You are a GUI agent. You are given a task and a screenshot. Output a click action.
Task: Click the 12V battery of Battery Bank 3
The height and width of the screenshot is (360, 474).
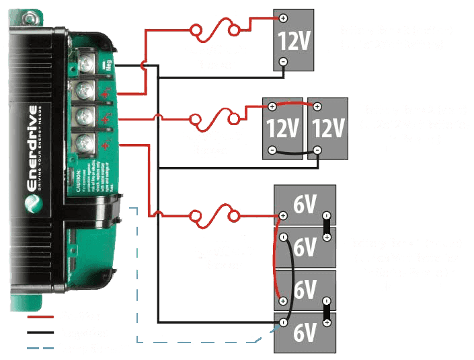(294, 40)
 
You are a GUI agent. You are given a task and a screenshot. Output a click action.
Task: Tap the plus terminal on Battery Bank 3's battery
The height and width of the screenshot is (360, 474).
(283, 18)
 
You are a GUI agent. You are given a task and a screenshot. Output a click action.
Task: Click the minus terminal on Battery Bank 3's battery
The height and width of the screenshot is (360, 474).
(283, 62)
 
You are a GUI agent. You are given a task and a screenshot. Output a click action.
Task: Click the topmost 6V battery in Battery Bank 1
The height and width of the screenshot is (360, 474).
(305, 205)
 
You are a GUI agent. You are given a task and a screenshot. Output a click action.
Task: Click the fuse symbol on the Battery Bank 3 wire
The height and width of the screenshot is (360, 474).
(215, 30)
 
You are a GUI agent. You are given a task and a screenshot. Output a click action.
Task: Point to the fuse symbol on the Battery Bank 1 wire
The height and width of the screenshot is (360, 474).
(215, 216)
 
